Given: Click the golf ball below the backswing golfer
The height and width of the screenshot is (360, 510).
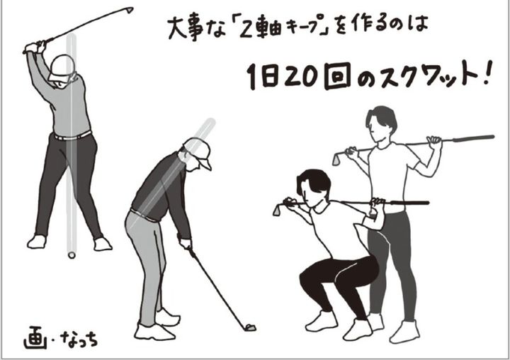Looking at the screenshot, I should [71, 254].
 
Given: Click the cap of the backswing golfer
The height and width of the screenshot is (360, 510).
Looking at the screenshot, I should [62, 66].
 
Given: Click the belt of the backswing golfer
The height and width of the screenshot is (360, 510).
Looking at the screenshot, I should [73, 135].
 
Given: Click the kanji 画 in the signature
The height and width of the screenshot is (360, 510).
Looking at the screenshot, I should [33, 334].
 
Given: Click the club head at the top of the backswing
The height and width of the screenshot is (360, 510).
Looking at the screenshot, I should [129, 10].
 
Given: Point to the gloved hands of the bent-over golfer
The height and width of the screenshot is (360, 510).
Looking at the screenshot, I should [186, 244].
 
